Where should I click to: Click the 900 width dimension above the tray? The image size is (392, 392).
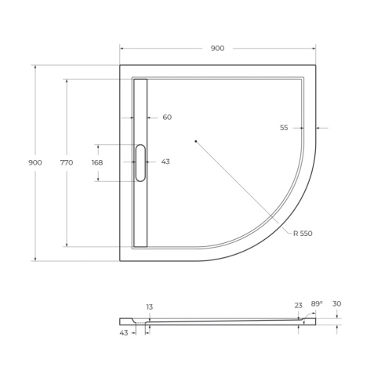tap(217, 49)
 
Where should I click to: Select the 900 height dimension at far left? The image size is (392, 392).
tap(34, 162)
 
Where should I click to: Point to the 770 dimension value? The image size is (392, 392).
tap(66, 162)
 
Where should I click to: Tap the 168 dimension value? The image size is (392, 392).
tap(97, 162)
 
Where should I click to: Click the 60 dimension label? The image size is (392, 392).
tap(167, 118)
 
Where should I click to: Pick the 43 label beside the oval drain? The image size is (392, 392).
tap(165, 162)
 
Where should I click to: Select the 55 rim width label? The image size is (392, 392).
tap(284, 128)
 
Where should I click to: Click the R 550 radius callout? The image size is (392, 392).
tap(303, 234)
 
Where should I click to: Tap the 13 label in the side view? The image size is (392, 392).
tap(148, 306)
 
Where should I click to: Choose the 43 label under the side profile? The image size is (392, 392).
tap(125, 333)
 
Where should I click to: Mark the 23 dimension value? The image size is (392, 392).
tap(298, 306)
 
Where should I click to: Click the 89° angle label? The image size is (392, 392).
tap(317, 303)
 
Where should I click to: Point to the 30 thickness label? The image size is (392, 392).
tap(336, 303)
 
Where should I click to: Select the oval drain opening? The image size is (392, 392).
tap(140, 162)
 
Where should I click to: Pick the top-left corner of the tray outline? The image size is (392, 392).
tap(120, 65)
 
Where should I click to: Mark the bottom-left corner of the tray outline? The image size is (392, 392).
tap(120, 260)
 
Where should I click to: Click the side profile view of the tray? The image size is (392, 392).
tap(220, 321)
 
